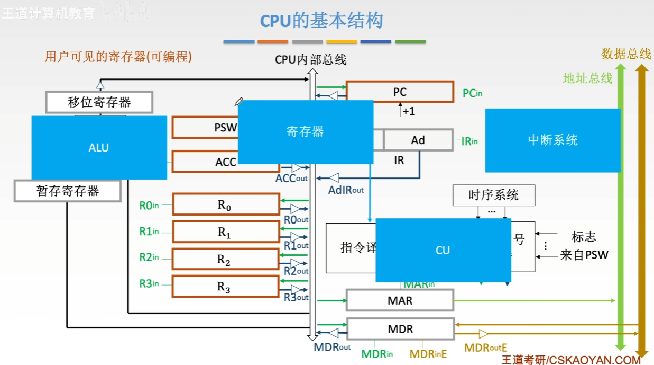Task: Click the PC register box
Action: (400, 92)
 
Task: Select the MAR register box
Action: (400, 300)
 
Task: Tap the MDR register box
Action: (400, 329)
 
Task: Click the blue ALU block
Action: (99, 148)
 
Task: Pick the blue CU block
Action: (443, 250)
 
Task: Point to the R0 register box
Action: (225, 204)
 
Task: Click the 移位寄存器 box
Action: (99, 102)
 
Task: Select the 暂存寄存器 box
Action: (68, 191)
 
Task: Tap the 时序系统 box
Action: (493, 195)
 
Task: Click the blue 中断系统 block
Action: (552, 140)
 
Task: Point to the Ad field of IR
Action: (418, 140)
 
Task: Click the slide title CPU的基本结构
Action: (321, 21)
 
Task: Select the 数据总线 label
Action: (626, 54)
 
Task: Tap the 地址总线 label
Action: (587, 78)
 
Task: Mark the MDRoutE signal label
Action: (485, 348)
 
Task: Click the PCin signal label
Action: (472, 93)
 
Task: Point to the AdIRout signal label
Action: (346, 190)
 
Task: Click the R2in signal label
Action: (149, 257)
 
